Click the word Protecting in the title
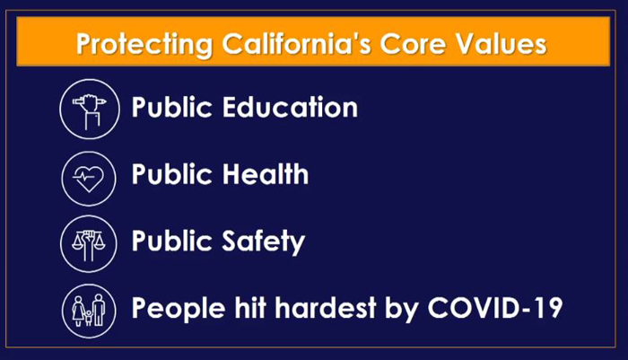click(x=144, y=44)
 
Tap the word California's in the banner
click(x=297, y=43)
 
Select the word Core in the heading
click(x=413, y=43)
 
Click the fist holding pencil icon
click(x=90, y=109)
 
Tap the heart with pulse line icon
click(x=89, y=179)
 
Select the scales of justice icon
click(x=89, y=244)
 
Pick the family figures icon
click(x=89, y=311)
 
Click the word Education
click(x=290, y=107)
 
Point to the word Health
click(x=266, y=173)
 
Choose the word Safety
click(x=264, y=241)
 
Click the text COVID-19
click(x=495, y=308)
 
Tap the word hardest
click(x=326, y=308)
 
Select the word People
click(x=179, y=309)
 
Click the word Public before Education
click(x=172, y=107)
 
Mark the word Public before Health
click(x=172, y=173)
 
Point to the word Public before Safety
click(x=172, y=241)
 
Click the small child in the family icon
click(x=89, y=317)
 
